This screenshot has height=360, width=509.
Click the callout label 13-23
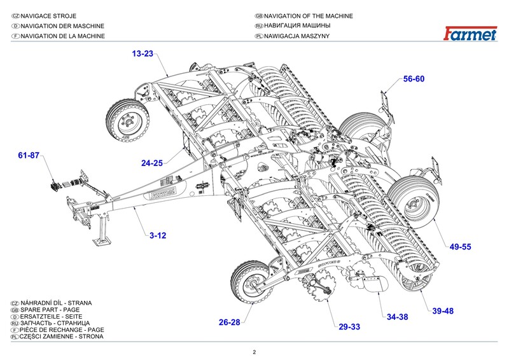143,54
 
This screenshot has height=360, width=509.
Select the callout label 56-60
414,79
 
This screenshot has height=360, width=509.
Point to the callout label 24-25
152,163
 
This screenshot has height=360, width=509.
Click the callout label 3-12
158,236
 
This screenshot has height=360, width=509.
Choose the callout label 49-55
460,247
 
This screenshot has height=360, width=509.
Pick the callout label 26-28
230,322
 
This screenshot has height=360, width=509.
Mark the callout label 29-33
349,327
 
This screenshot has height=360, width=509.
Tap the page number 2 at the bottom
254,352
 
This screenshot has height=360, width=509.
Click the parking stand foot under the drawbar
102,241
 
